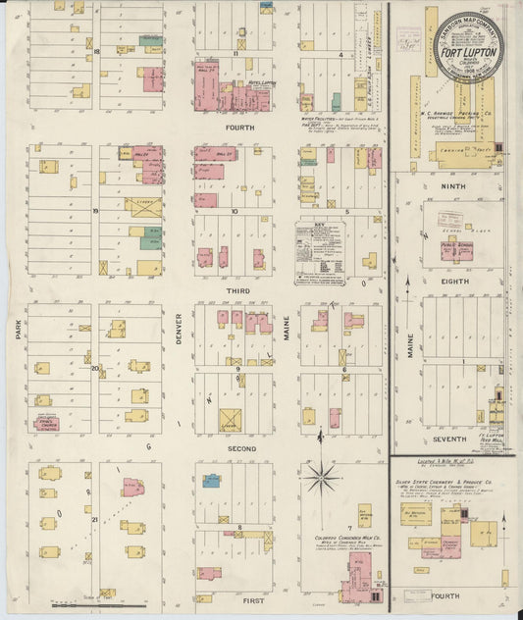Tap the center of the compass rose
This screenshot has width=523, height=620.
[x=322, y=480]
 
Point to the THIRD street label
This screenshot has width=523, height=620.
[x=241, y=291]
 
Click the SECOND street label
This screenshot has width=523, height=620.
[x=241, y=448]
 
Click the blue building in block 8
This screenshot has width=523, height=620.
[x=211, y=481]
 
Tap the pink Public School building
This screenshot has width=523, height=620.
[x=457, y=247]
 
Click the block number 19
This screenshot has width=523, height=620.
[x=96, y=210]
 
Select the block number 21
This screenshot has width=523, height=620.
[x=95, y=518]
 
